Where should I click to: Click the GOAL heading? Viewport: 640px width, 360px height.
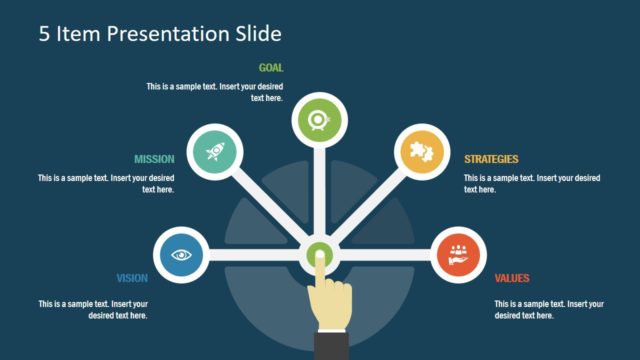tap(271, 68)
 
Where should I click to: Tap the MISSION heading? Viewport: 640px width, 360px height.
tap(155, 159)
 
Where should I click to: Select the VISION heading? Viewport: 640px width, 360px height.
tap(133, 278)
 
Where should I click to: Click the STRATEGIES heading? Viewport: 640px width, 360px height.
tap(491, 159)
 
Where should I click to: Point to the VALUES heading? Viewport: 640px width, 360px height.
tap(512, 278)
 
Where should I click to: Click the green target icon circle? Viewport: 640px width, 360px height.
tap(319, 121)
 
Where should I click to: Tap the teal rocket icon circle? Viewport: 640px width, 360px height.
tap(215, 152)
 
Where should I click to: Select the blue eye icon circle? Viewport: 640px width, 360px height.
tap(181, 254)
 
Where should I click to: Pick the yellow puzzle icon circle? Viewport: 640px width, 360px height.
tap(421, 152)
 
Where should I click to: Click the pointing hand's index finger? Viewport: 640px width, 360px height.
tap(321, 276)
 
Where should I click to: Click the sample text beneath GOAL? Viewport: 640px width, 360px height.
tap(215, 92)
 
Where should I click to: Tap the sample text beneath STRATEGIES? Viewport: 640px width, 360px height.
tap(532, 183)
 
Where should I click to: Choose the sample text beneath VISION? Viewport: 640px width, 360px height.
tap(93, 309)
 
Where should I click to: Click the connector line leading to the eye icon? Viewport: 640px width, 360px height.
tap(255, 254)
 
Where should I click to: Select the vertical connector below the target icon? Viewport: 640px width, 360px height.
tap(319, 190)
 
